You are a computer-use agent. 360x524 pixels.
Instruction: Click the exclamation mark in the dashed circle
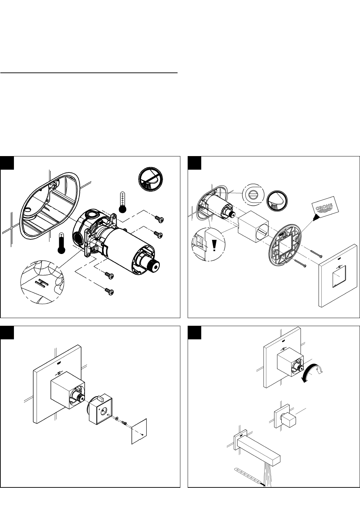pyautogui.click(x=214, y=246)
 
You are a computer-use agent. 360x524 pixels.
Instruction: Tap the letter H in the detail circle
pyautogui.click(x=42, y=283)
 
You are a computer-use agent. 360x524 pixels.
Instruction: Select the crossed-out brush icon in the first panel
pyautogui.click(x=150, y=179)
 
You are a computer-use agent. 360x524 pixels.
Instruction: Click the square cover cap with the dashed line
pyautogui.click(x=139, y=431)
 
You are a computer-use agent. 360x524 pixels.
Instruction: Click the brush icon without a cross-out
pyautogui.click(x=277, y=201)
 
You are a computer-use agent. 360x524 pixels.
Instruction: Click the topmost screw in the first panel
pyautogui.click(x=159, y=219)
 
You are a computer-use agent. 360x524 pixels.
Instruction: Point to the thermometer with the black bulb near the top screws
pyautogui.click(x=123, y=202)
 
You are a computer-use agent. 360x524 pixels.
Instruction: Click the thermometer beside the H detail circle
pyautogui.click(x=61, y=243)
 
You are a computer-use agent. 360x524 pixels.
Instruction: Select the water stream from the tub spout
pyautogui.click(x=267, y=475)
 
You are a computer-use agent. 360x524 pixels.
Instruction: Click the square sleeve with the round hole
pyautogui.click(x=253, y=226)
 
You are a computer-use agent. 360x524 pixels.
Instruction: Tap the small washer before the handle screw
pyautogui.click(x=117, y=418)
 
